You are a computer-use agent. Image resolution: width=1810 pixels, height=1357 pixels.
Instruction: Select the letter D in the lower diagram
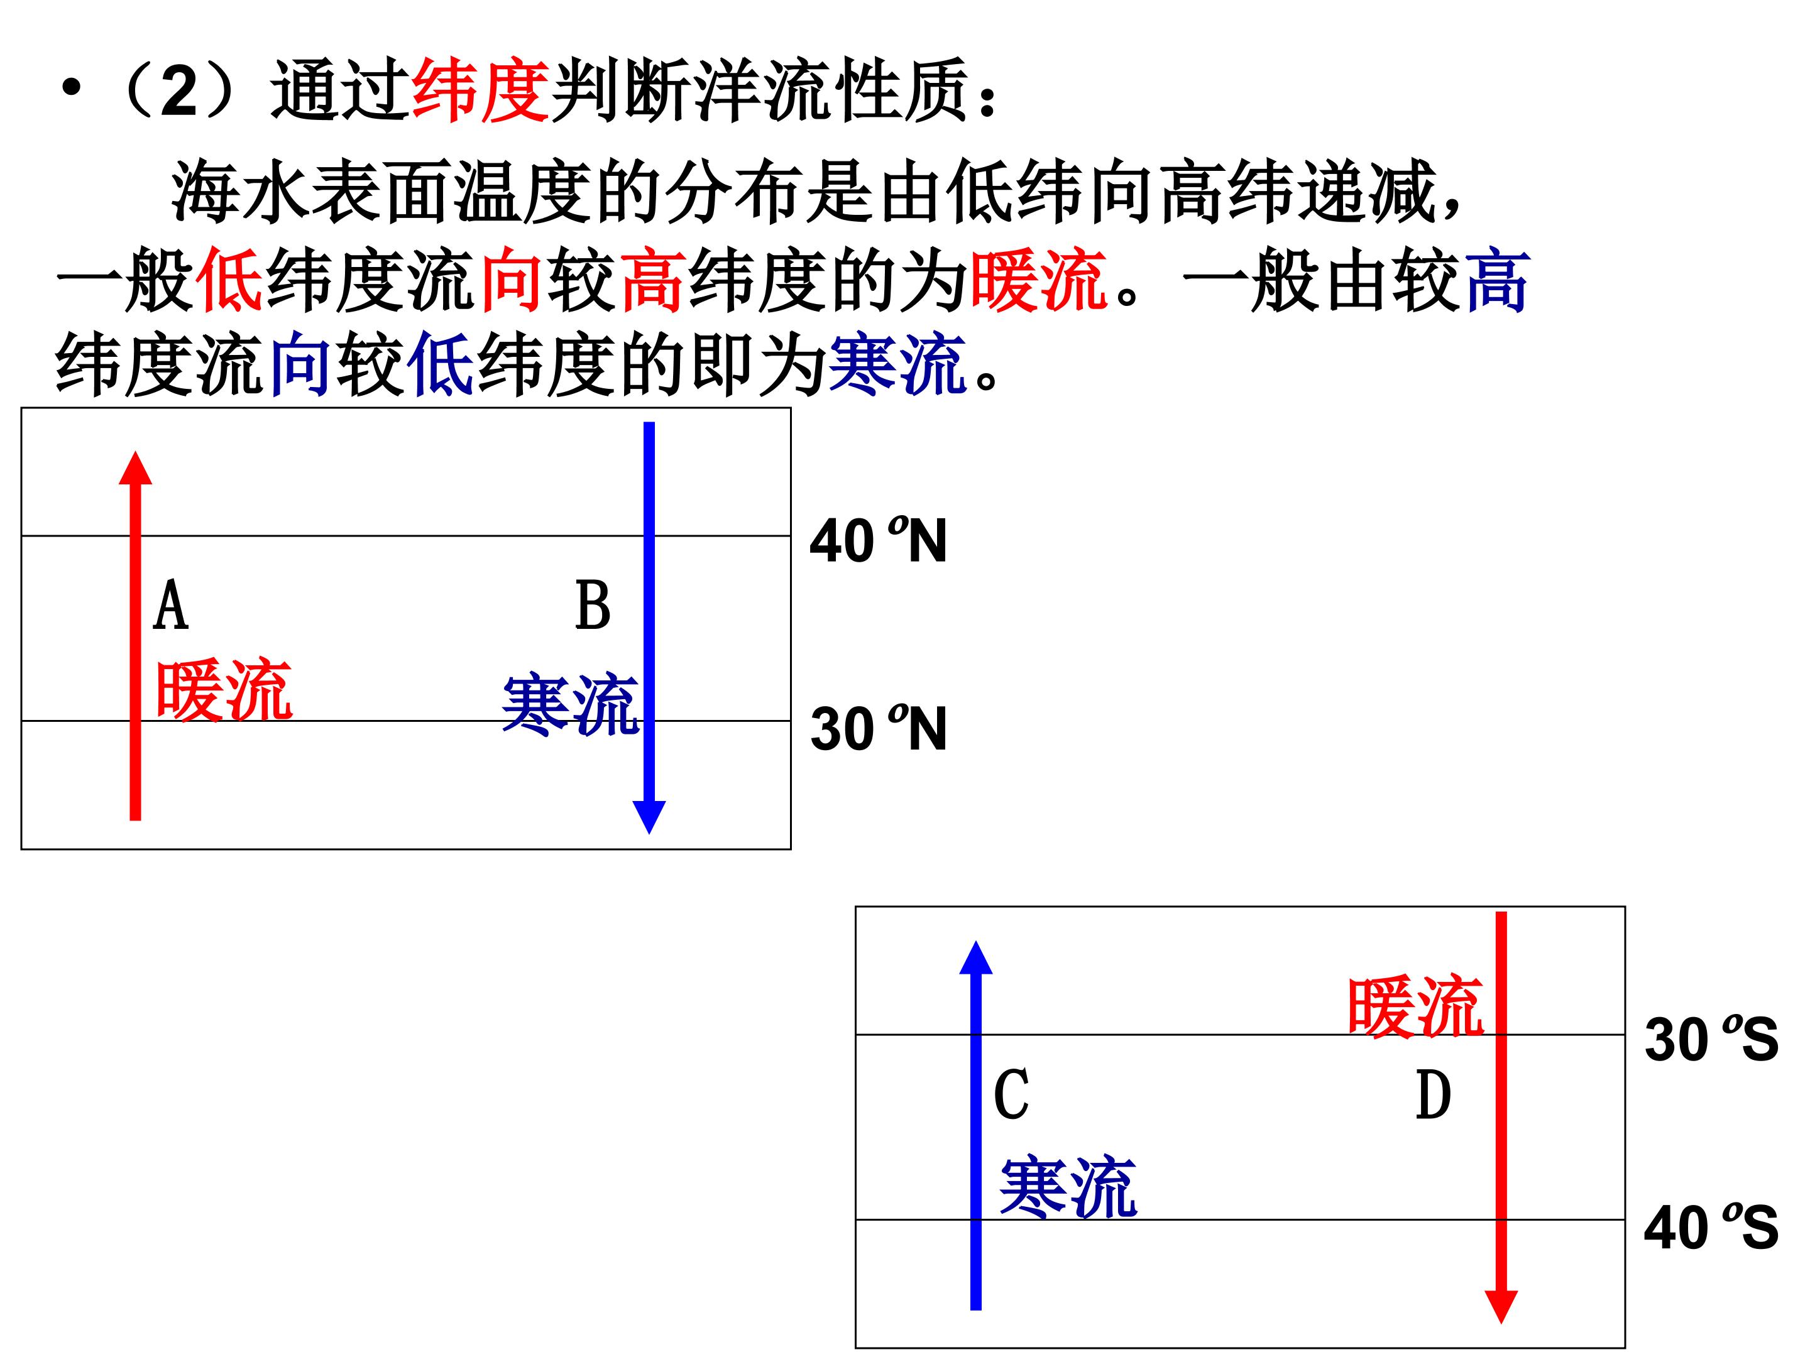tap(1433, 1094)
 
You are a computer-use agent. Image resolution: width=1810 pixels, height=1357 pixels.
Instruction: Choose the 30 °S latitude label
tap(1712, 1039)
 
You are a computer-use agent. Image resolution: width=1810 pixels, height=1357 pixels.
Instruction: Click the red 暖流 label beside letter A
tap(223, 690)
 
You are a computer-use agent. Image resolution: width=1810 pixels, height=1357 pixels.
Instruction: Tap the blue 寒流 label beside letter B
tap(570, 704)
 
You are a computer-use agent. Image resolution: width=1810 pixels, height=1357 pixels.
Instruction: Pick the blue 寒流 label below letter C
tap(1068, 1186)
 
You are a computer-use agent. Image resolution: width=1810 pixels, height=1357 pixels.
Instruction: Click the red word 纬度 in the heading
tap(480, 90)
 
